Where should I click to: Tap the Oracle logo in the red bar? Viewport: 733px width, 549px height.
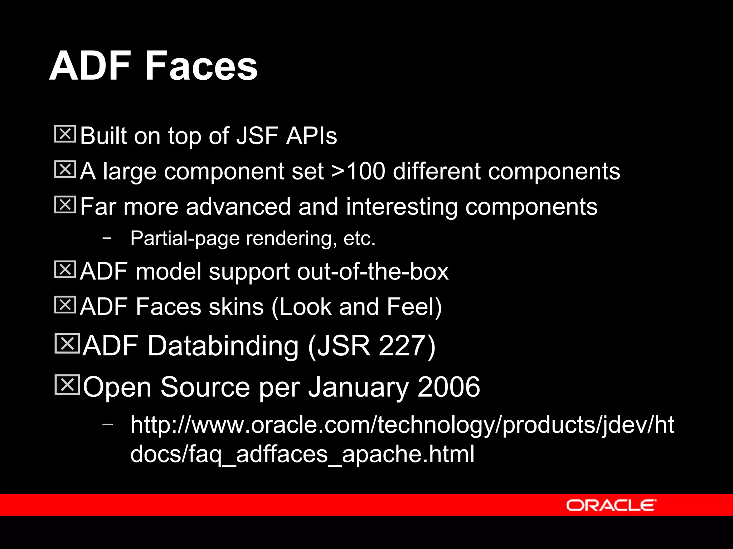click(x=611, y=505)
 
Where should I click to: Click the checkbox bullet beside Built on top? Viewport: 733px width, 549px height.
click(x=65, y=134)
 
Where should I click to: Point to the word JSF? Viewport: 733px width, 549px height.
click(x=257, y=136)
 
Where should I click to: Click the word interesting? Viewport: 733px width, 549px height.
click(x=402, y=207)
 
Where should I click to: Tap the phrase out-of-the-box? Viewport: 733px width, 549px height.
click(x=373, y=271)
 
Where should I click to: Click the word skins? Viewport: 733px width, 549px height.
click(x=236, y=307)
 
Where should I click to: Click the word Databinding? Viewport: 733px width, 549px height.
click(x=223, y=346)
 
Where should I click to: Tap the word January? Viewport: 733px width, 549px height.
click(x=358, y=387)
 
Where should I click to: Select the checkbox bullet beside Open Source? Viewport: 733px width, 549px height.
click(x=67, y=385)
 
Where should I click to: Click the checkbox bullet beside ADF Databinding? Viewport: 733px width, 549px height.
click(x=67, y=343)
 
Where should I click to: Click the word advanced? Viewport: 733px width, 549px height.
click(x=238, y=207)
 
